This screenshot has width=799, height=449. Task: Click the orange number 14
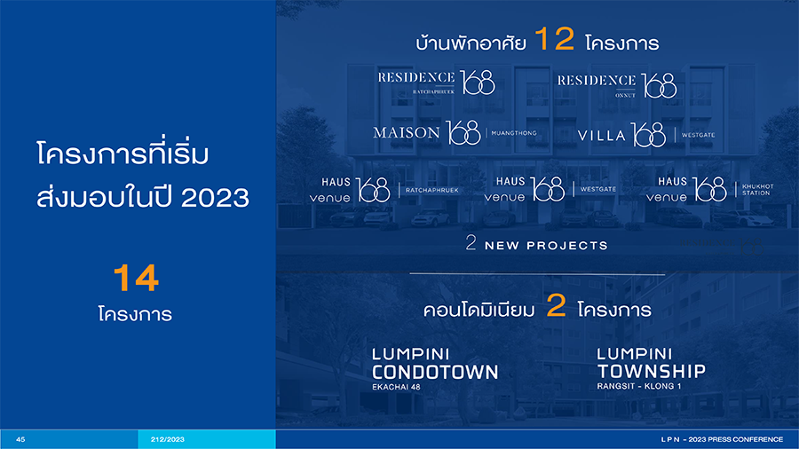pos(136,278)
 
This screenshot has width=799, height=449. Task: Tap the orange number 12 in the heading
pos(554,39)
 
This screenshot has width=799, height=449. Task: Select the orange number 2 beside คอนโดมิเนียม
pos(556,305)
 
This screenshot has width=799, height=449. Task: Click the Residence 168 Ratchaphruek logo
pos(436,83)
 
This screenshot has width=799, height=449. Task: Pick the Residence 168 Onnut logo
pos(617,85)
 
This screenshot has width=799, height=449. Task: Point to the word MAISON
pos(406,133)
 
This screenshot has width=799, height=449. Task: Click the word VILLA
pos(601,136)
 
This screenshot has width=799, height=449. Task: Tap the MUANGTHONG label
pos(514,133)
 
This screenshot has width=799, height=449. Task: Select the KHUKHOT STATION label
pos(758,190)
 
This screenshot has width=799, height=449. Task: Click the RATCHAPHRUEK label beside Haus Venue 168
pos(432,191)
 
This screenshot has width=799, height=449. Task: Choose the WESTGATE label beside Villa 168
pos(698,135)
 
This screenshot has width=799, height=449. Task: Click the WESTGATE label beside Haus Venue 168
pos(598,189)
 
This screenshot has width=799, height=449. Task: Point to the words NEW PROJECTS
pos(546,246)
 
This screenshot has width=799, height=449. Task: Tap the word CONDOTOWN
pos(435,372)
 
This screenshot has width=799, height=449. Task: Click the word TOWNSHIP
pos(652,371)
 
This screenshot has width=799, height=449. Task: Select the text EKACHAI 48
pos(397,387)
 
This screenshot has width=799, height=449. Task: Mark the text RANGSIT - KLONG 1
pos(639,386)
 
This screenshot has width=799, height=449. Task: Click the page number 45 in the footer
pos(20,439)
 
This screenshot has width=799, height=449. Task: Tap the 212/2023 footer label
pos(167,439)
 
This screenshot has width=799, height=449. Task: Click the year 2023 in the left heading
pos(215,198)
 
